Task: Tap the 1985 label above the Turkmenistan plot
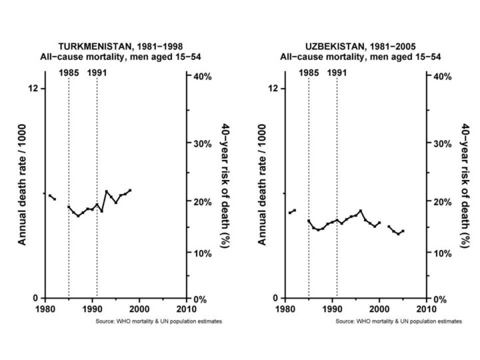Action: (x=69, y=73)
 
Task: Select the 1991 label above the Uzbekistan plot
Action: (x=337, y=73)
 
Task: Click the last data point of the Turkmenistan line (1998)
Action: (x=130, y=190)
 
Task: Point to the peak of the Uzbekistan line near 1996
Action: (x=360, y=211)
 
